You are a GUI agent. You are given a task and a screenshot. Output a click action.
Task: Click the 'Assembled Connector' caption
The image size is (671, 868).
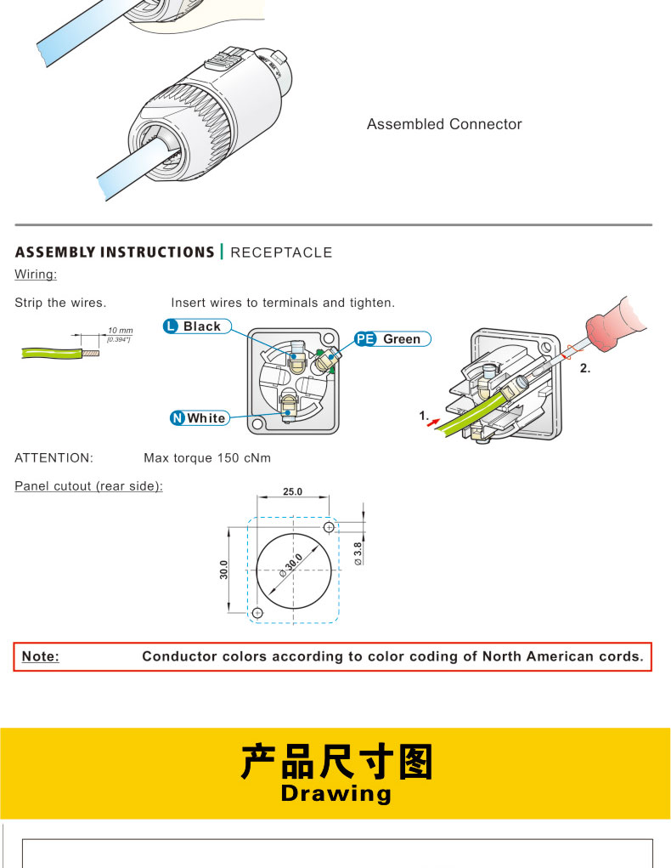coord(444,124)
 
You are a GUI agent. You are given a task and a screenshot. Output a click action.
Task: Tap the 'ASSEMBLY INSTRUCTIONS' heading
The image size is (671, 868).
coord(115,252)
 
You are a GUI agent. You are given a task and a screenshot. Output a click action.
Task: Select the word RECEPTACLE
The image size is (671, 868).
coord(281,252)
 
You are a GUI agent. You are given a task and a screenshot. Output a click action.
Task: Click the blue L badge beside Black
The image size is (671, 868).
coord(171,326)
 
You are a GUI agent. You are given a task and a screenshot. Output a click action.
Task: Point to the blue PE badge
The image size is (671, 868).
coord(365,339)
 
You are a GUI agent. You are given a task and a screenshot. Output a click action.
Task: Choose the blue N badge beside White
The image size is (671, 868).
coord(177,418)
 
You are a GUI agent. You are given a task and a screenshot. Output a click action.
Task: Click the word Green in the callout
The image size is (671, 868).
coord(402,339)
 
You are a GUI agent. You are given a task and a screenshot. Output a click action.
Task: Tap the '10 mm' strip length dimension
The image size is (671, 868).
coord(120,331)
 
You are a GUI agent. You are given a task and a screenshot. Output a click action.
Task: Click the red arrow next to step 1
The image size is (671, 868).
coord(434,423)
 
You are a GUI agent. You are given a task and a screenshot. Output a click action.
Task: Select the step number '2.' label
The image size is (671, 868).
coord(584,368)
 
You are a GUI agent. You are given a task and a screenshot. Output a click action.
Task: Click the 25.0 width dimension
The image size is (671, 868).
coord(293,491)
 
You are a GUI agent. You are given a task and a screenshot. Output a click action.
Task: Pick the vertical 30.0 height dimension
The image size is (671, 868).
coord(223,570)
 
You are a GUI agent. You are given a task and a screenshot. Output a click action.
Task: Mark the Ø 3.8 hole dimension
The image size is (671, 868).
coord(358,553)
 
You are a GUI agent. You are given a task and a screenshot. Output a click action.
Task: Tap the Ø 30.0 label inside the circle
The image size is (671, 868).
coord(291,565)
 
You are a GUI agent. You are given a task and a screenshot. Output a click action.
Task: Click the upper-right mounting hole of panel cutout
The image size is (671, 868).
coord(329,527)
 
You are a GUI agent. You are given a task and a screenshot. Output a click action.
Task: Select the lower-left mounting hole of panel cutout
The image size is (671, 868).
coord(257,613)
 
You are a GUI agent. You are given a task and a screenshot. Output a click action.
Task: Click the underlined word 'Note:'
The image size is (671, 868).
coord(41,656)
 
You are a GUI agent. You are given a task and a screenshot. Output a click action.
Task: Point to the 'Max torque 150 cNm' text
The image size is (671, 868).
coord(207,457)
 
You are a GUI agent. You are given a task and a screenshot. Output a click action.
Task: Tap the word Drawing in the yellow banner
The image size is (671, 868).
coord(335,793)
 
